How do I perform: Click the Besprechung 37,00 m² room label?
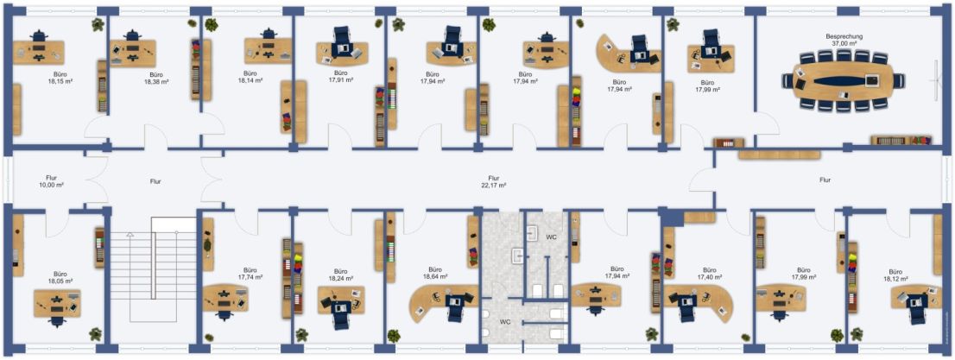pos(844,41)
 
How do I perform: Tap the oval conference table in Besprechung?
pos(844,80)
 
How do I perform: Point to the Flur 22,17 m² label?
pos(494,181)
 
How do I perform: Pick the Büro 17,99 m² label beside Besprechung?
pos(707,85)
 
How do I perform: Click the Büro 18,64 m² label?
pos(434,272)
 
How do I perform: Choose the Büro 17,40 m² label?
pos(709,273)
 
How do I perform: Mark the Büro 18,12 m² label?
pos(895,275)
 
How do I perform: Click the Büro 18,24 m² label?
pos(341,275)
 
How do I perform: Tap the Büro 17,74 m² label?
pos(250,273)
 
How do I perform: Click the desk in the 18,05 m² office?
pos(57,303)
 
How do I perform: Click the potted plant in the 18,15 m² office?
pos(98,24)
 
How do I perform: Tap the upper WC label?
pos(551,236)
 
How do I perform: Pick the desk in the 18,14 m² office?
pos(268,51)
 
